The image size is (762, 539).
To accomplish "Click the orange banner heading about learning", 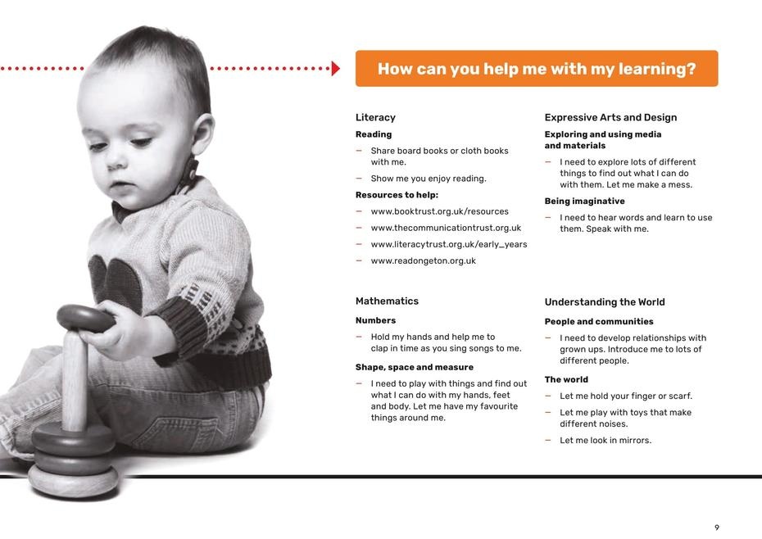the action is (x=537, y=69).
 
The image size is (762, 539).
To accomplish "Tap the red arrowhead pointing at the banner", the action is (x=336, y=69).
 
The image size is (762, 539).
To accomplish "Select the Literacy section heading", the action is (x=375, y=118).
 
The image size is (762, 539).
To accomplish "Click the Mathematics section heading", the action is (x=387, y=301).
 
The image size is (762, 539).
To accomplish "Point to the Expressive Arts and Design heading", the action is (x=610, y=118).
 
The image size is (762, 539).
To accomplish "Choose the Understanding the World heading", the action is (x=605, y=301).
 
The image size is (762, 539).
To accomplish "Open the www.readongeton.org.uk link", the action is (x=424, y=261).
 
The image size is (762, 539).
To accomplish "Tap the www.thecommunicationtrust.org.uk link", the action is (x=446, y=228).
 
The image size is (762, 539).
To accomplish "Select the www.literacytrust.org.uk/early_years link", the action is (x=448, y=244).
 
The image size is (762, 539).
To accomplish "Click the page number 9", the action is (x=717, y=528).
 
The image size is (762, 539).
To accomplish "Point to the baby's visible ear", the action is (x=202, y=133).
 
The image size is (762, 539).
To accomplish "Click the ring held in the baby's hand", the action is (x=85, y=318).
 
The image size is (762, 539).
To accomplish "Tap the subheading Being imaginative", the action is (x=584, y=202).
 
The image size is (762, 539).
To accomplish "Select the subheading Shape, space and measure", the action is (x=414, y=368).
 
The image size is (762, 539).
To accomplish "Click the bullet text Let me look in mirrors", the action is (x=606, y=441).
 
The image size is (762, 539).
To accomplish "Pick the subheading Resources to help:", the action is (x=397, y=195).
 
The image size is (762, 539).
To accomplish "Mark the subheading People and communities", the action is (x=599, y=322).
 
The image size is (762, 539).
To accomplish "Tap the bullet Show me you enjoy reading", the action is (x=429, y=179).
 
